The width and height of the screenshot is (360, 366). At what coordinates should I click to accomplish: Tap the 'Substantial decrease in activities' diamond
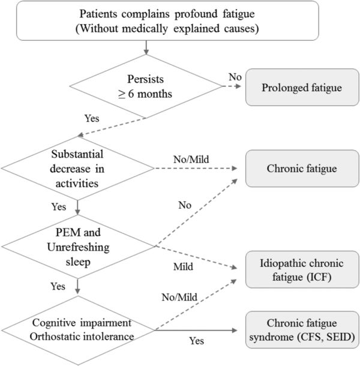[x=77, y=169]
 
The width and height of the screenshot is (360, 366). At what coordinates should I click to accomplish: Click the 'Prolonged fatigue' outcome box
[x=301, y=88]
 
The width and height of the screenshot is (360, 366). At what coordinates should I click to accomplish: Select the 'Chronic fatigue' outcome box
[x=301, y=168]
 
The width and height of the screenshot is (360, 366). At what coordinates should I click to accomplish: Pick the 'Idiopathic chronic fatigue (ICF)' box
[x=301, y=272]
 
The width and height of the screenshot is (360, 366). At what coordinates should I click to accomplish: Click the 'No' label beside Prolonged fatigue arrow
[x=236, y=78]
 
